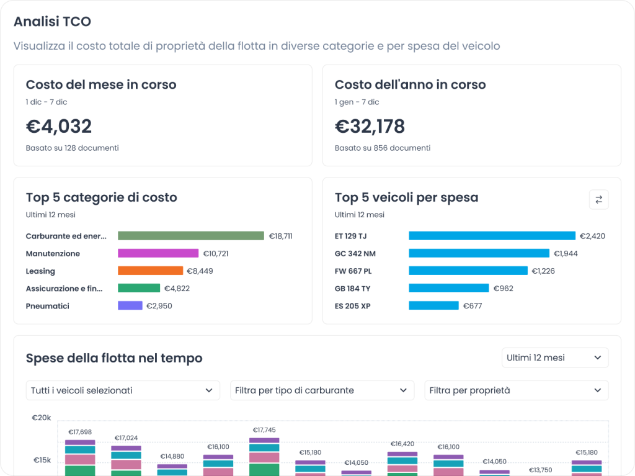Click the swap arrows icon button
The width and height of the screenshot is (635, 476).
tap(598, 199)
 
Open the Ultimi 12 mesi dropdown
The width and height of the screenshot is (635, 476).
tap(554, 357)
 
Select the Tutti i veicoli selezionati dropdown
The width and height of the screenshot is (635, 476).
tap(123, 390)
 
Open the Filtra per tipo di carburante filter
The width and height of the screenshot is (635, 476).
tap(322, 390)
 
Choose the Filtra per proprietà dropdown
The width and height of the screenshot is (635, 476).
tap(516, 390)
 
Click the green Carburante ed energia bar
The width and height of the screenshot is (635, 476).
tap(191, 236)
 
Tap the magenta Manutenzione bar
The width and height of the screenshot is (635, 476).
tap(158, 253)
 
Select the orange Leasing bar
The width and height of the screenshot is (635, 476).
tap(150, 271)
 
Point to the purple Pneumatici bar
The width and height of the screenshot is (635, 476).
tap(130, 305)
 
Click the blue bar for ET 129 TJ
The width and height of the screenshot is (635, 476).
tap(492, 236)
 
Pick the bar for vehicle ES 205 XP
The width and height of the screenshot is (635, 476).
tap(433, 305)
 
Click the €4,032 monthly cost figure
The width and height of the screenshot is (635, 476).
tap(59, 127)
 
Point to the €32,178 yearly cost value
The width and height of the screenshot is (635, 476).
tap(370, 127)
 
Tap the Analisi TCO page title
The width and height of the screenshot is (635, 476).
tap(53, 22)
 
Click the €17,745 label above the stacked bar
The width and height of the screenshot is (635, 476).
tap(264, 430)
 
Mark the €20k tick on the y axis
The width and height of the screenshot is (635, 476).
tap(42, 418)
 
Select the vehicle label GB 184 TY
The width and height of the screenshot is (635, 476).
tap(352, 288)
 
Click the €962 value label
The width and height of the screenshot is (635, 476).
tap(503, 288)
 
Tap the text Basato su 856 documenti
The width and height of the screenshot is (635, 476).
tap(382, 148)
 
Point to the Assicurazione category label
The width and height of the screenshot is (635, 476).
tap(64, 288)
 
